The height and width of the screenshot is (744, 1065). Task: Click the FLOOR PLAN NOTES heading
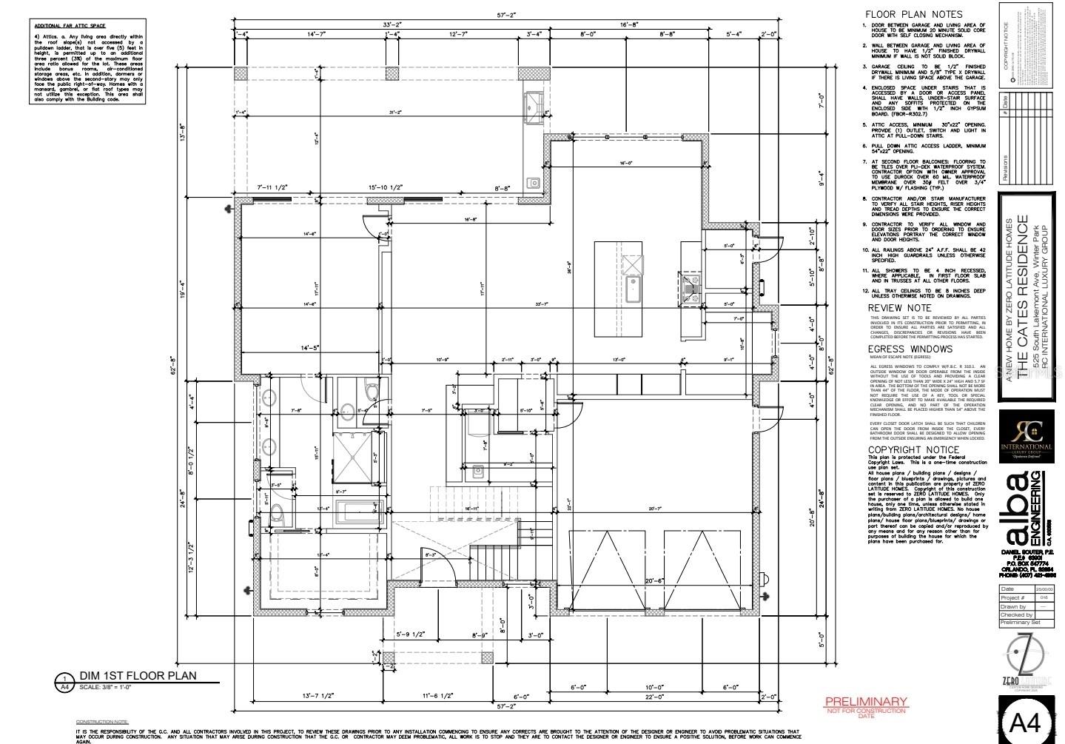tap(914, 14)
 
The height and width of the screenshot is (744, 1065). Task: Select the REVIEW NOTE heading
tap(899, 307)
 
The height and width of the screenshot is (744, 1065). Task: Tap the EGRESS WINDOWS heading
tap(910, 349)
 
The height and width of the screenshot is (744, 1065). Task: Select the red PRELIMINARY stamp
tap(866, 702)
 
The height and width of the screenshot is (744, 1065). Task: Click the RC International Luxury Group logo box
tap(1026, 436)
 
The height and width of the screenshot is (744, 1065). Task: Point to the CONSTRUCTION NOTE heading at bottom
tap(102, 721)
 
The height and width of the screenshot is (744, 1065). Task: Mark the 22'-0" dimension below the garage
tap(654, 697)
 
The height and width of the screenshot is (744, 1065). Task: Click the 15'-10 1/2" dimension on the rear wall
tap(385, 188)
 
